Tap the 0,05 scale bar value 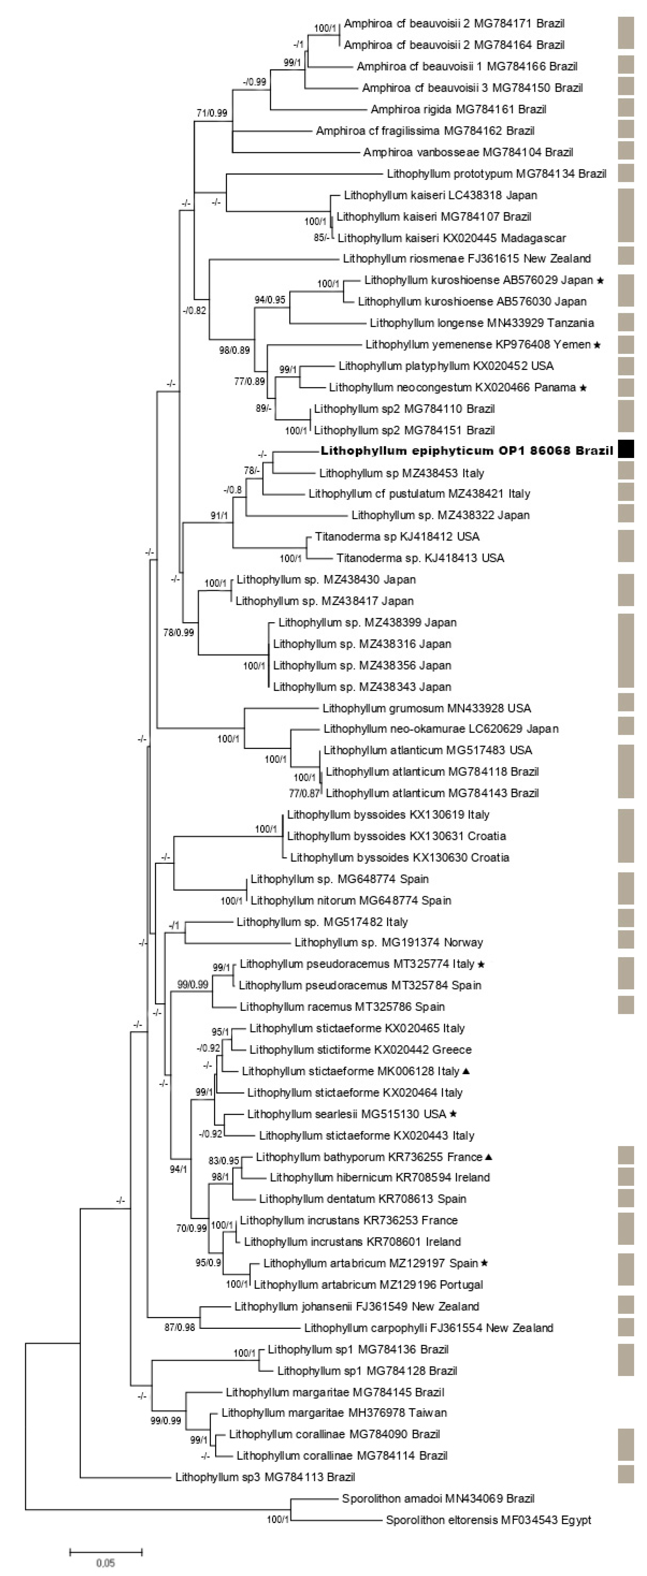(105, 1562)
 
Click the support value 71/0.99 (212, 113)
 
